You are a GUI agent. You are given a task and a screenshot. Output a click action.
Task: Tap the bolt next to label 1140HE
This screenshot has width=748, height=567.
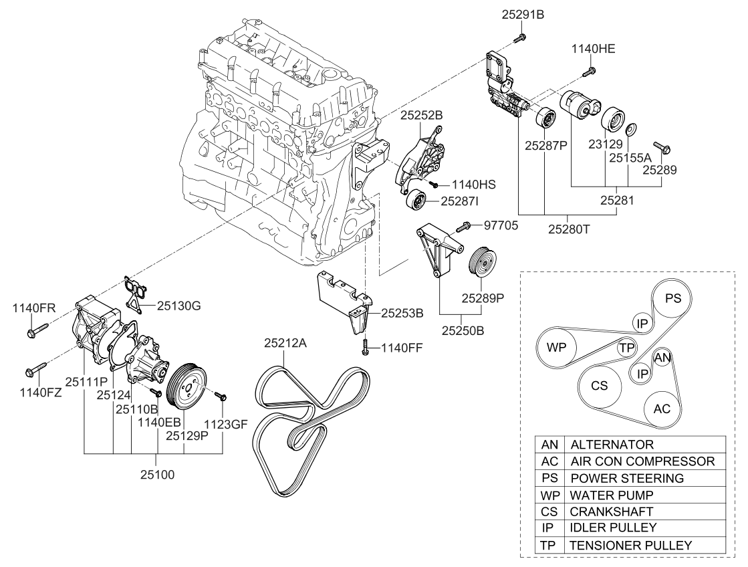(590, 69)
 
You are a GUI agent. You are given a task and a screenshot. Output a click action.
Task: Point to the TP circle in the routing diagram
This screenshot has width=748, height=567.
(626, 348)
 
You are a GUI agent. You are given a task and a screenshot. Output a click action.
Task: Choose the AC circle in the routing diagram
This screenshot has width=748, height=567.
(662, 409)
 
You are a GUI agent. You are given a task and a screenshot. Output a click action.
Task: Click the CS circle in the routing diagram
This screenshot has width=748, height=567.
(599, 386)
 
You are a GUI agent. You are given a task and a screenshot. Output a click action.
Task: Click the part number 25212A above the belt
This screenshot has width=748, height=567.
(285, 344)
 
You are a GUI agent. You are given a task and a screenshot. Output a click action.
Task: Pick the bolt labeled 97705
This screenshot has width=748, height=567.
(463, 227)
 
